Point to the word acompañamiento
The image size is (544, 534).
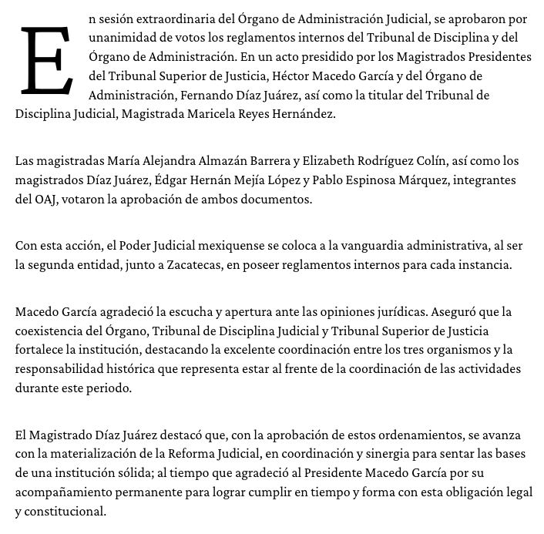64,492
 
